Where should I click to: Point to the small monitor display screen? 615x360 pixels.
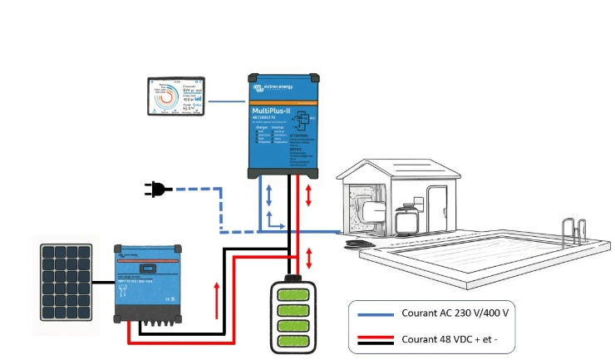point(177,96)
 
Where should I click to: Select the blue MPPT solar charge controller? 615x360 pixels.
point(149,283)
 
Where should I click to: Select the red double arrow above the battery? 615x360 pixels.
point(310,256)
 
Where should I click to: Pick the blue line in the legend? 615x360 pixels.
point(375,313)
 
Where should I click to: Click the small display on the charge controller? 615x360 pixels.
point(150,268)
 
